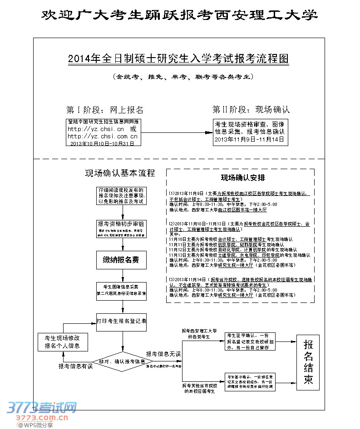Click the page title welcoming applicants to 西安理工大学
pyautogui.click(x=180, y=15)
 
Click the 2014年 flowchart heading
pyautogui.click(x=178, y=59)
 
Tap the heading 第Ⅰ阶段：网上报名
pyautogui.click(x=105, y=110)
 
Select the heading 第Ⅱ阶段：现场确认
pyautogui.click(x=251, y=109)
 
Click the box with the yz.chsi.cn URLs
pyautogui.click(x=103, y=132)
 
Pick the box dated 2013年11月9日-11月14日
pyautogui.click(x=250, y=132)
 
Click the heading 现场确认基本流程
pyautogui.click(x=120, y=173)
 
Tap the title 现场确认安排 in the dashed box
pyautogui.click(x=240, y=177)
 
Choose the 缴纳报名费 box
pyautogui.click(x=121, y=259)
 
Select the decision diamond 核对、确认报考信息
pyautogui.click(x=122, y=361)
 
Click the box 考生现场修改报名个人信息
pyautogui.click(x=62, y=341)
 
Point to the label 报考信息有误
pyautogui.click(x=75, y=366)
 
